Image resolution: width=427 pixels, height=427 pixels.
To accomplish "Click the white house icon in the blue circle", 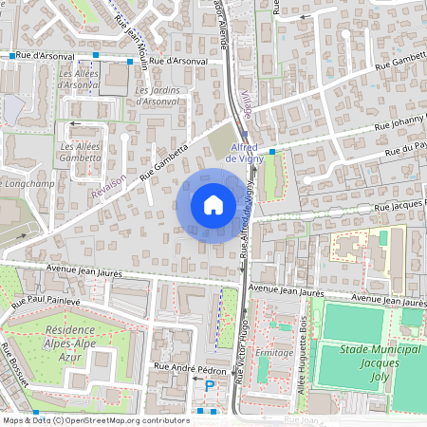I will coord(213,205).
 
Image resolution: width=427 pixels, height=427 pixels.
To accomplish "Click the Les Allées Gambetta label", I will coord(81,152).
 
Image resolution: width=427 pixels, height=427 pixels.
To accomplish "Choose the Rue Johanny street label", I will coord(398,124).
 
